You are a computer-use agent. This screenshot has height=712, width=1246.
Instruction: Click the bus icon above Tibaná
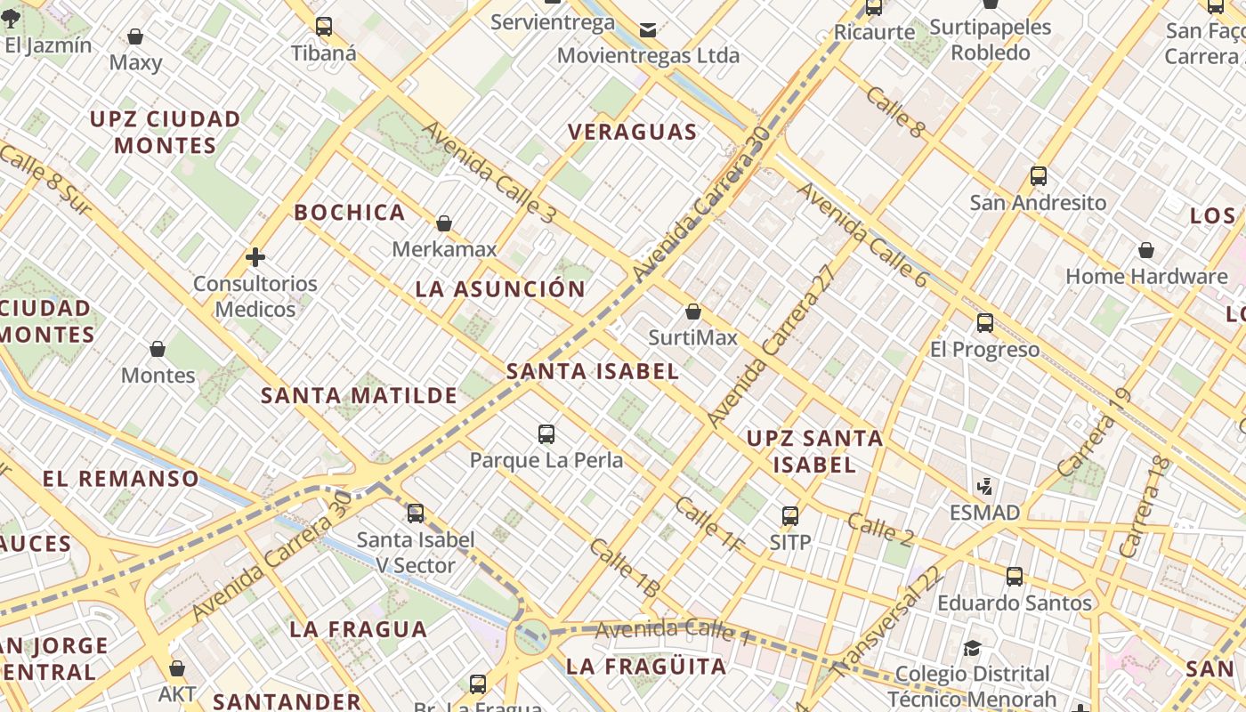[324, 27]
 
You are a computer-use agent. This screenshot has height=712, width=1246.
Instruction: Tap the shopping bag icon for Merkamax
[444, 223]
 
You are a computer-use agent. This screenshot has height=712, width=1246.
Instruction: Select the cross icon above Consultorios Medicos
[255, 258]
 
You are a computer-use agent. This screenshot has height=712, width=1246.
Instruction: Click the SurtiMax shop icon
[693, 311]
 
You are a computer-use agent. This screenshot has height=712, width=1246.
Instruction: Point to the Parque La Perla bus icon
[546, 434]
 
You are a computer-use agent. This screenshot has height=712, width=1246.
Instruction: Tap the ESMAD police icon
[984, 487]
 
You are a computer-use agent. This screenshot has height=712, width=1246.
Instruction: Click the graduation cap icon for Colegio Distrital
[972, 648]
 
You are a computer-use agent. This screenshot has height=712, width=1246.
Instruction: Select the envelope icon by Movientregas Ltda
[648, 30]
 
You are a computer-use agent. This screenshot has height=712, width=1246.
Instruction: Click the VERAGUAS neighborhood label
[632, 133]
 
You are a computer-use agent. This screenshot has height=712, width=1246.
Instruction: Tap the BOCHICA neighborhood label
[350, 213]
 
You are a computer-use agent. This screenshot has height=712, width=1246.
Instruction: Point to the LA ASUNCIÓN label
[500, 289]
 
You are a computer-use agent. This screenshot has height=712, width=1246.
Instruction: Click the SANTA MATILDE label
[359, 395]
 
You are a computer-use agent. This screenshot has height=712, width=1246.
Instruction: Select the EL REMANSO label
[121, 479]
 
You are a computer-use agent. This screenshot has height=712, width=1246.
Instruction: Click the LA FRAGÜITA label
[646, 667]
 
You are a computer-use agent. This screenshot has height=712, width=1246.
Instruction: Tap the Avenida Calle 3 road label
[489, 172]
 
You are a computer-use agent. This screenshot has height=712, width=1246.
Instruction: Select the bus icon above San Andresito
[1038, 176]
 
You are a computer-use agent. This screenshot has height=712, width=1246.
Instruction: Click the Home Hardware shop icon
[1146, 251]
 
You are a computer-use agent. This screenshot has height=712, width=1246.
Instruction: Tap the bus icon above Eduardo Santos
[1015, 577]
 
